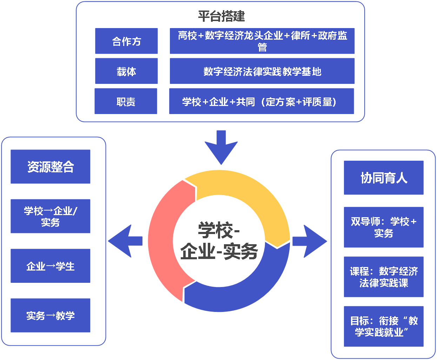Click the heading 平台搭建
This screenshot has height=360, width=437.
tap(221, 16)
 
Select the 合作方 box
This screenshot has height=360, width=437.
tap(126, 41)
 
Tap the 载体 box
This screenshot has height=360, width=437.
tap(126, 71)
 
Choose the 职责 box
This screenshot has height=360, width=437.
tap(126, 101)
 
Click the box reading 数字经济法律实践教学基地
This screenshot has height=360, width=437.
tap(262, 71)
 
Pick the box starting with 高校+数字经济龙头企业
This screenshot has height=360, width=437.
tap(262, 41)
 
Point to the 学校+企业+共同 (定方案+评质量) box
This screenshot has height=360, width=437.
tap(261, 101)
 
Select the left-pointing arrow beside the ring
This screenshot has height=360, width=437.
tap(125, 241)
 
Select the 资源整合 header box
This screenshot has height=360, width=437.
tap(51, 167)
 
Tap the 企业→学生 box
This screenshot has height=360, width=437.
tap(51, 266)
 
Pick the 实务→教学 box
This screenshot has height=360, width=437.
tap(51, 315)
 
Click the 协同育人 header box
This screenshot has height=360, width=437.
tap(383, 178)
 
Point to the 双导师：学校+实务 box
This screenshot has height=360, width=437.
tap(383, 227)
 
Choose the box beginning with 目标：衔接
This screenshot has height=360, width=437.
tap(383, 326)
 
